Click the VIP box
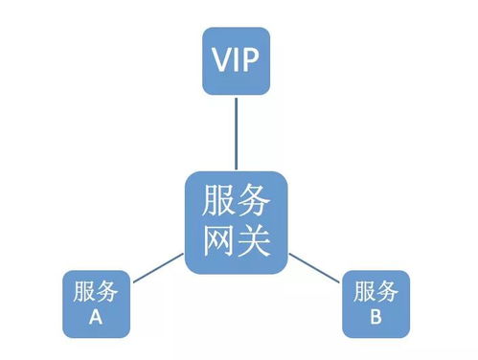click(x=236, y=62)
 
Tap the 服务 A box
click(x=96, y=304)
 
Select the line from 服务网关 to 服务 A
click(x=157, y=269)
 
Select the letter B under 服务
click(x=376, y=317)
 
